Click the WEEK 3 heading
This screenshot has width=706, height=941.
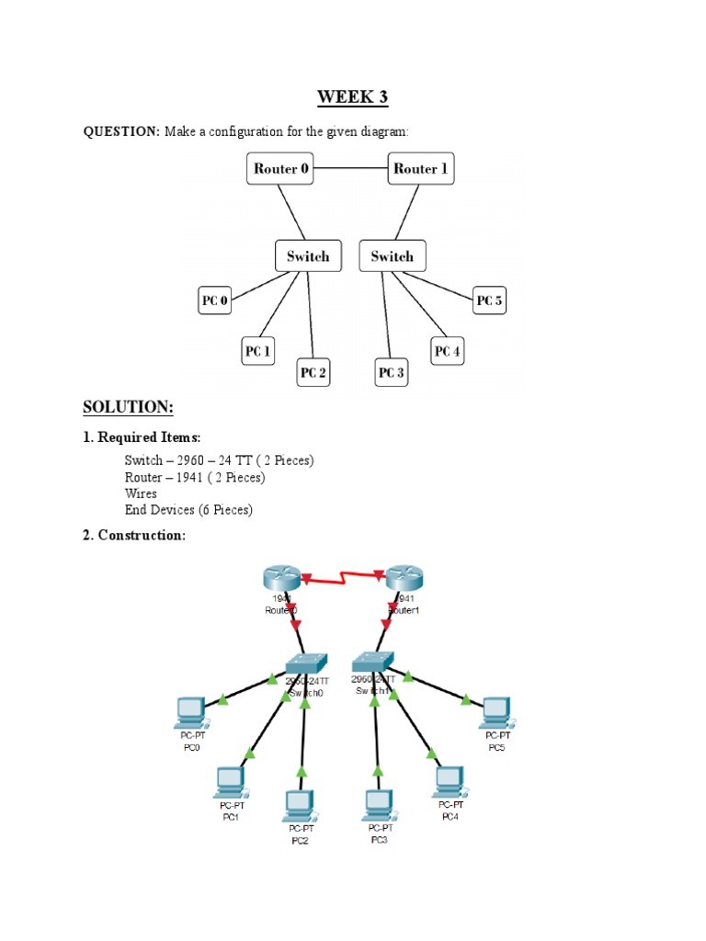point(353,97)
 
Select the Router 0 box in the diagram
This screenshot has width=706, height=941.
point(281,169)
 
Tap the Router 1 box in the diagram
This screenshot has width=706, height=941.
point(421,169)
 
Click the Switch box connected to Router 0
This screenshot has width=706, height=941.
point(308,256)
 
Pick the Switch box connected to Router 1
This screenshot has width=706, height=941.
point(393,256)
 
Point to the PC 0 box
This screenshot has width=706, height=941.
point(215,300)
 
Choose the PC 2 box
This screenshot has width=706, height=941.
point(313,373)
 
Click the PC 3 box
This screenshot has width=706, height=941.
point(391,373)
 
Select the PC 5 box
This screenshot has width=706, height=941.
point(490,300)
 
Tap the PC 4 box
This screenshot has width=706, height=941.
point(448,351)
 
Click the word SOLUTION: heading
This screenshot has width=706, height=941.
point(128,407)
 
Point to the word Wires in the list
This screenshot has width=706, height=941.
point(141,493)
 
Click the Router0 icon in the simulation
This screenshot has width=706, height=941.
point(280,579)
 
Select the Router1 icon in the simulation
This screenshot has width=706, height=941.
point(404,579)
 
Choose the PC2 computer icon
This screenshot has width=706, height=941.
point(299,805)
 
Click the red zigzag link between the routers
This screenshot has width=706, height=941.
point(342,576)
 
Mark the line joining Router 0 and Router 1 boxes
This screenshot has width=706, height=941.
point(351,168)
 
